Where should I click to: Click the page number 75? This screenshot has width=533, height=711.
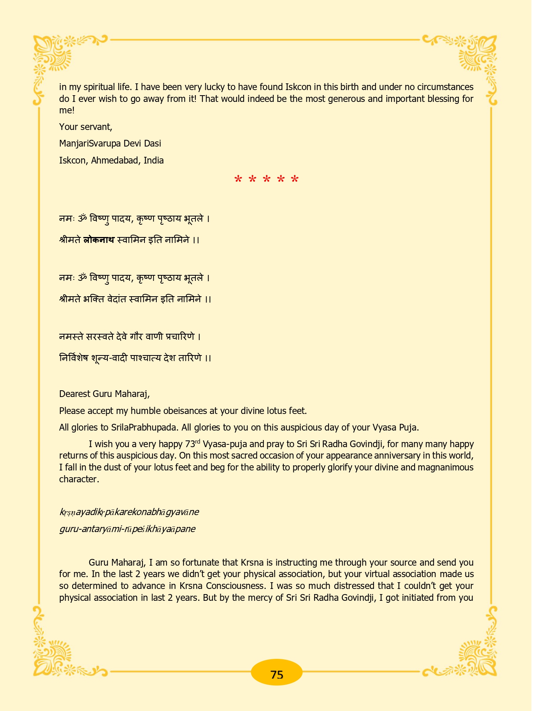pos(277,675)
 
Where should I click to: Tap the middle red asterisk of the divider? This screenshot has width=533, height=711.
pos(266,180)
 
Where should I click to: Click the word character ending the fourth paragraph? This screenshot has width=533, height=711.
pos(78,479)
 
